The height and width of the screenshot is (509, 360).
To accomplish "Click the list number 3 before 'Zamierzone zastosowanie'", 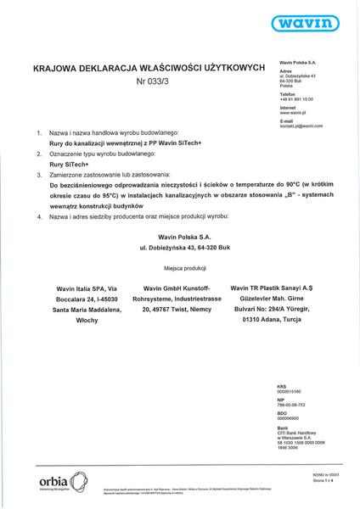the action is (x=38, y=172).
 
